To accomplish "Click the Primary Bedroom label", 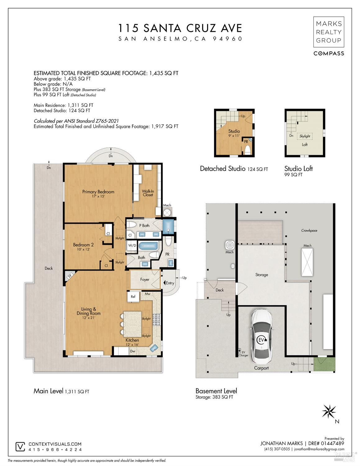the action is coord(98,193).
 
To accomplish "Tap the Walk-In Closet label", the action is coord(148,193).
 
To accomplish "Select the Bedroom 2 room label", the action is coord(83,247).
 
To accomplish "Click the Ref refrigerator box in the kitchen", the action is coord(133,296).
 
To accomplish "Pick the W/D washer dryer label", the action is coord(132,245).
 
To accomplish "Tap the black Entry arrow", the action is coord(165,283).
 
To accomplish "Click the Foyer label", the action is coord(145,279).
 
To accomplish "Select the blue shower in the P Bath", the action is coord(168,226).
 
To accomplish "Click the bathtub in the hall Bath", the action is coord(148,246).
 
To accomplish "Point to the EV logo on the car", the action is coord(262,340).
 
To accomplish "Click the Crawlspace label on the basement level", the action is coord(309,231).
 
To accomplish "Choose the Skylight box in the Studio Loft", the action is coord(305,136).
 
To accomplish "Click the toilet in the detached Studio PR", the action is coord(247,150).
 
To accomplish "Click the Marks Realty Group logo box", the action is coord(329,32).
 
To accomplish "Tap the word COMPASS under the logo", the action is coord(329,53).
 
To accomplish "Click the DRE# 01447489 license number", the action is coord(326,443).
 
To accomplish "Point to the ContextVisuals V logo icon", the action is coord(20,446).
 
